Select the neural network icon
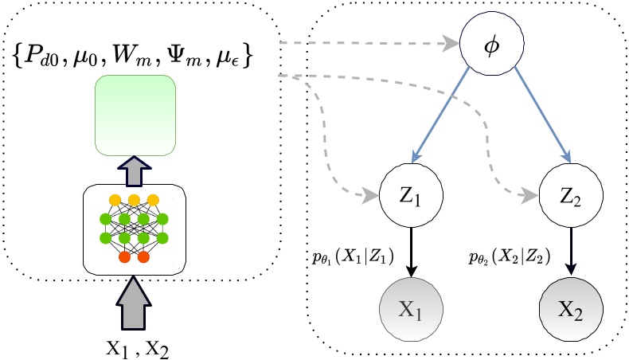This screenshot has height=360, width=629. tap(135, 228)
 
